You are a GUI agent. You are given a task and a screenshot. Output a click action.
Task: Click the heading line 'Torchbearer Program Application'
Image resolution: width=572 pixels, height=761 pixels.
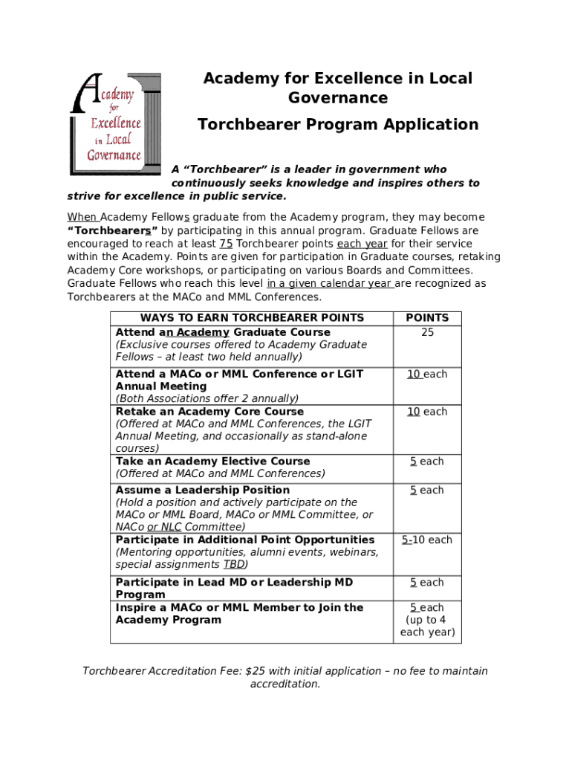click(x=338, y=124)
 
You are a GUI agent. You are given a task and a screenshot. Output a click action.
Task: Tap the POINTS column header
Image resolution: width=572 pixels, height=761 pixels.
click(x=427, y=318)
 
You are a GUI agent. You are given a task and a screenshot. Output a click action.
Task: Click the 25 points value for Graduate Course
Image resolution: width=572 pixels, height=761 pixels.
click(x=427, y=332)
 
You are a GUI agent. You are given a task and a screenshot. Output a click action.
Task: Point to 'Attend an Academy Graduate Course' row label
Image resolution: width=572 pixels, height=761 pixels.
click(x=223, y=332)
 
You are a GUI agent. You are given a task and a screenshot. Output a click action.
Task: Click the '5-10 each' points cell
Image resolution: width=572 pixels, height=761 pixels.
click(x=427, y=540)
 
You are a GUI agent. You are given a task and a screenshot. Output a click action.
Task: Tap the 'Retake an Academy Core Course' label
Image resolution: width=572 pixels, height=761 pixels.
click(x=209, y=412)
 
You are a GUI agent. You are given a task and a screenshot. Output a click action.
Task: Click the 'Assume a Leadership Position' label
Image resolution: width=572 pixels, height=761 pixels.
click(x=203, y=490)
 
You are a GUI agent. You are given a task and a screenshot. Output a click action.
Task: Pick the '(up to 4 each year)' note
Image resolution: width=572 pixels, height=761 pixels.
click(x=427, y=626)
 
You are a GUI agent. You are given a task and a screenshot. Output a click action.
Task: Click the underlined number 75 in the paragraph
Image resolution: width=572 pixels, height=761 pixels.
click(x=227, y=244)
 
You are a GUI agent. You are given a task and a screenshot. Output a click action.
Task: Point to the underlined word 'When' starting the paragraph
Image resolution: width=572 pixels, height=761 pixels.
click(x=82, y=217)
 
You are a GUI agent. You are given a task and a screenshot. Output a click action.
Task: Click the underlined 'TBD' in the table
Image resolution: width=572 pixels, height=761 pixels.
click(x=234, y=565)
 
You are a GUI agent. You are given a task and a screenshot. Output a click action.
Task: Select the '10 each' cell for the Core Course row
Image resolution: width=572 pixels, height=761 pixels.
click(x=427, y=412)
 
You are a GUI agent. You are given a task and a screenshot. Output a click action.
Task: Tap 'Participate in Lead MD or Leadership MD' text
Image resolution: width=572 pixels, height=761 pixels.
click(x=234, y=583)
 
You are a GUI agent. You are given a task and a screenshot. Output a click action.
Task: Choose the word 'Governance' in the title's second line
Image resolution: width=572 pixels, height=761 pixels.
click(x=338, y=98)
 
